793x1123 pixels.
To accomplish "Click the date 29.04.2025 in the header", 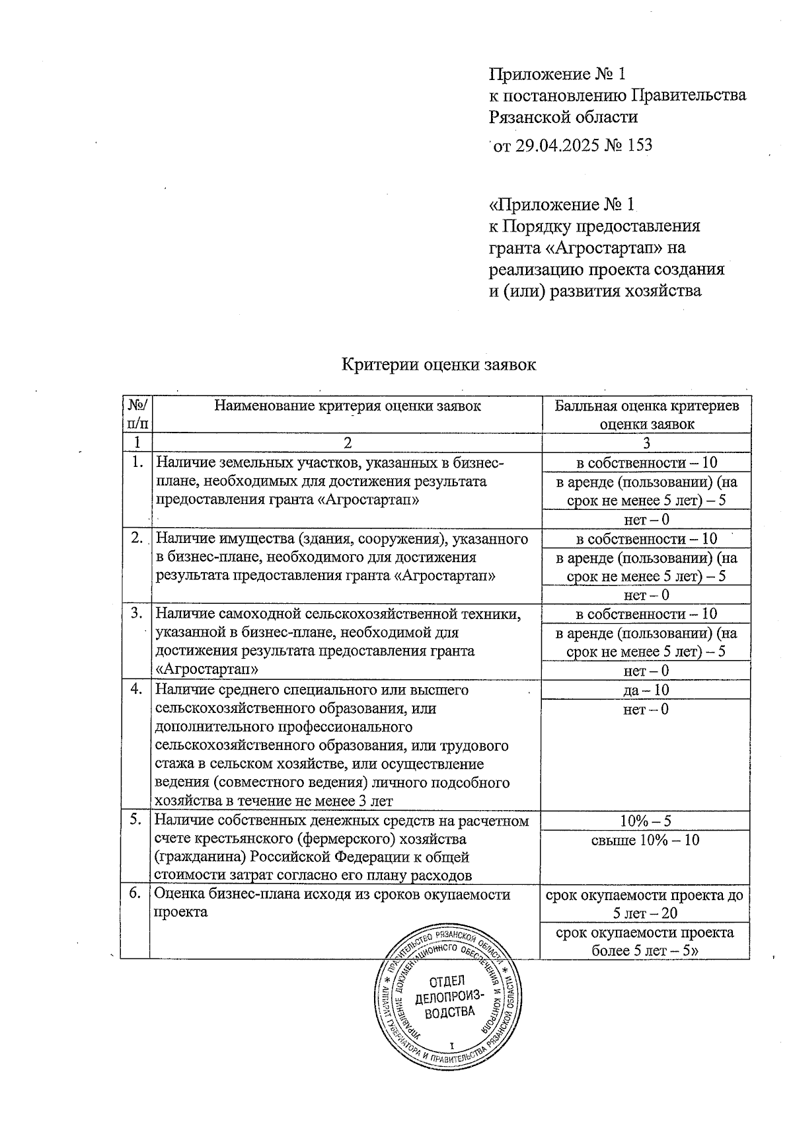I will click(557, 145).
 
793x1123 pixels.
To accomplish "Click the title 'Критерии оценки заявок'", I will click(439, 364).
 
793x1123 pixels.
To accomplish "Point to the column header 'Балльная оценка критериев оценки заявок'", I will click(646, 415).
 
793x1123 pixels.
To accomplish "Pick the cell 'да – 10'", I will click(646, 690).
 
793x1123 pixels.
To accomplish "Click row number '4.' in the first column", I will click(137, 689).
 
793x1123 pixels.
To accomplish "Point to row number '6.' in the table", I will click(135, 894).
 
